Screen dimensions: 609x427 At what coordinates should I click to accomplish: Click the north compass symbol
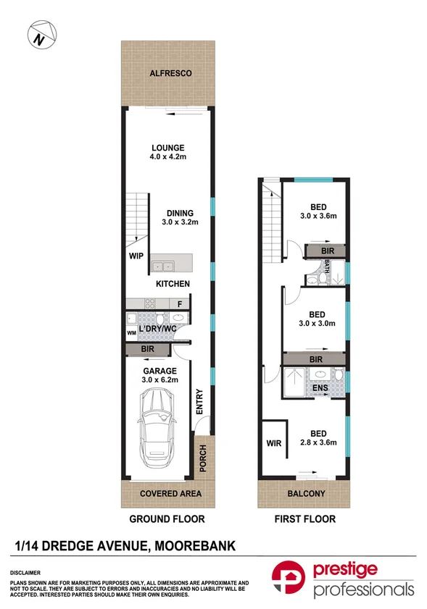pyautogui.click(x=40, y=35)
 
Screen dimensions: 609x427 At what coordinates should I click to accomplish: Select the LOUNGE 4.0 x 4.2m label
pyautogui.click(x=167, y=153)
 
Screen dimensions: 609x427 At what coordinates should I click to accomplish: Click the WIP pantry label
pyautogui.click(x=135, y=256)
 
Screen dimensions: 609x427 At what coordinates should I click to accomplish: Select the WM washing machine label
pyautogui.click(x=131, y=332)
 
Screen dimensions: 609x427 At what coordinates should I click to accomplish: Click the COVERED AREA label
pyautogui.click(x=170, y=494)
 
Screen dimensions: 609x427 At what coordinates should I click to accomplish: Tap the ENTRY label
pyautogui.click(x=198, y=403)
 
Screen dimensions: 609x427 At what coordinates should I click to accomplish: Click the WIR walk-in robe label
pyautogui.click(x=273, y=442)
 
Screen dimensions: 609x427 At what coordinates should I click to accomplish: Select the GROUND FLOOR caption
pyautogui.click(x=167, y=519)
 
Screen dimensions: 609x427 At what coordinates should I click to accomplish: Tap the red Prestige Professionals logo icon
pyautogui.click(x=289, y=580)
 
